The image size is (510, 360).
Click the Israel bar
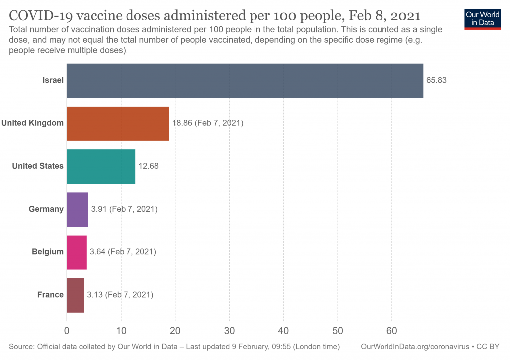(245, 81)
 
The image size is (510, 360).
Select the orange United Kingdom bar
(118, 123)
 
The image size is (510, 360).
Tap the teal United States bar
(101, 166)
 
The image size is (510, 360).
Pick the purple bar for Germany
(77, 209)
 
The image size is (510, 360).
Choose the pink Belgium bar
(77, 252)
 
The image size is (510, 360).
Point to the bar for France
(75, 295)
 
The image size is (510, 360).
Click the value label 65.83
(436, 80)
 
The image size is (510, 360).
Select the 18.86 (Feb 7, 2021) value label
(207, 123)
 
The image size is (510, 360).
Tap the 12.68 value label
(148, 166)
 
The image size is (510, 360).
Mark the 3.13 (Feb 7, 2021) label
(120, 295)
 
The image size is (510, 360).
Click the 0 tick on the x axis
(67, 330)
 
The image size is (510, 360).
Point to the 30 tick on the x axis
(229, 330)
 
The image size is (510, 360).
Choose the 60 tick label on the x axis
(392, 330)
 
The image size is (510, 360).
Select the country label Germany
(46, 209)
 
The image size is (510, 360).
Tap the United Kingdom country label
(33, 123)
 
